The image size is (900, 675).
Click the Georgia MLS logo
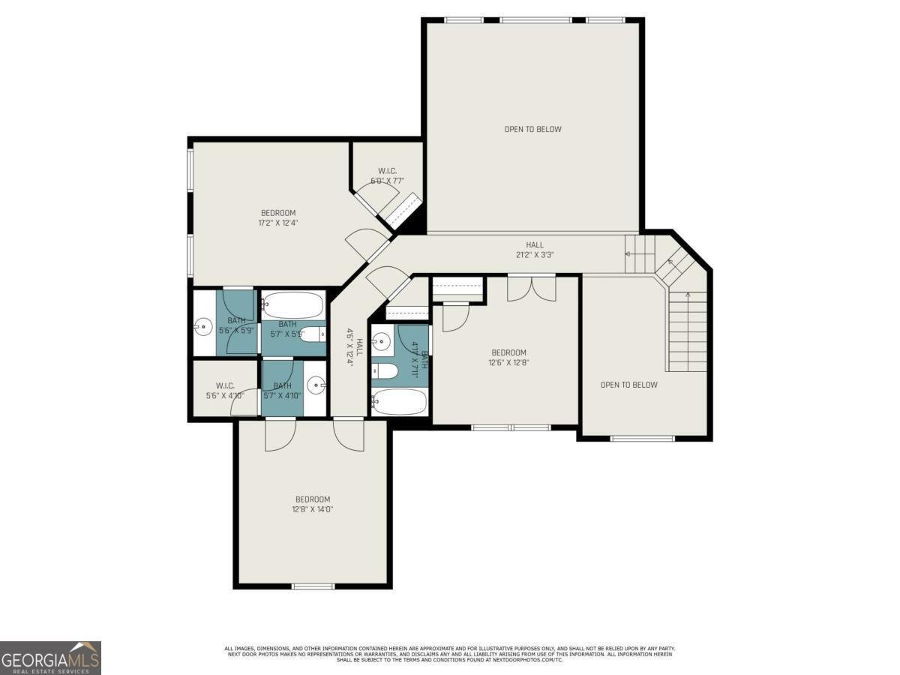50,658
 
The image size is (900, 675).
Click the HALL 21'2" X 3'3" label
534,250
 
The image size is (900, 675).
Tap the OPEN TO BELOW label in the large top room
532,129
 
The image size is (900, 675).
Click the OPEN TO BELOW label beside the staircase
628,385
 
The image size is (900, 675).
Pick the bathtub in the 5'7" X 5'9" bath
293,305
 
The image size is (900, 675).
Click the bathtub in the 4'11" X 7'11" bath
399,401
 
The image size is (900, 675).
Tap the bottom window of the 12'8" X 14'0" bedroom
313,586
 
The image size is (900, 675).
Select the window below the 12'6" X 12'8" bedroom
510,427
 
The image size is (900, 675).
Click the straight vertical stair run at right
687,330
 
